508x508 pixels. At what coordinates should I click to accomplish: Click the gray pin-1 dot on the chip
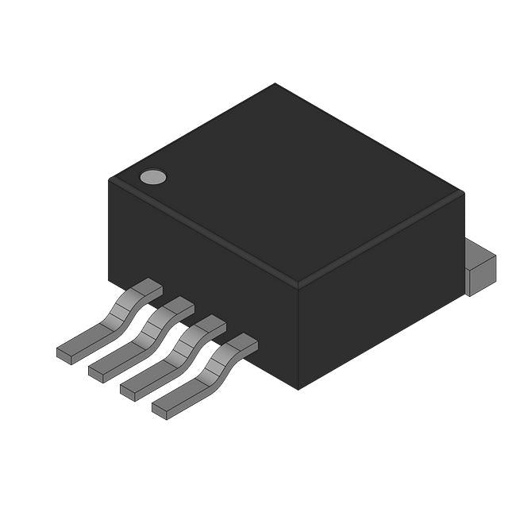point(153,177)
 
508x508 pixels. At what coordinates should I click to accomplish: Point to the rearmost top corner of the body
point(275,83)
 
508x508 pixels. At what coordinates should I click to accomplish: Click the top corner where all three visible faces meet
point(298,283)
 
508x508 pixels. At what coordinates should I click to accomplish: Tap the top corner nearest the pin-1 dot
point(110,179)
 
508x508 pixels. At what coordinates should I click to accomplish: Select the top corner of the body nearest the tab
point(463,193)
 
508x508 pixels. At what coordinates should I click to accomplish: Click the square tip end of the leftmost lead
point(64,355)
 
